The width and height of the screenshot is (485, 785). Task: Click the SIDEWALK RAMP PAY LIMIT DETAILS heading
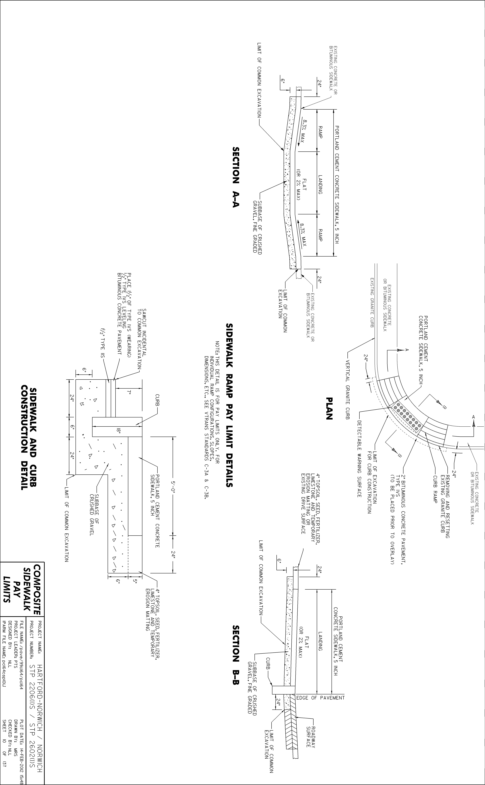pyautogui.click(x=230, y=405)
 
